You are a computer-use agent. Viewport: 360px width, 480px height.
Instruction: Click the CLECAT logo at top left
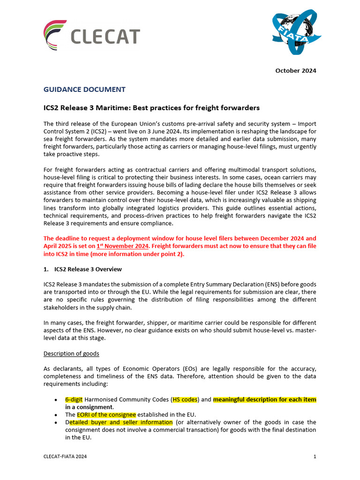[91, 35]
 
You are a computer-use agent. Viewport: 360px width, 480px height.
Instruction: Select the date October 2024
[295, 71]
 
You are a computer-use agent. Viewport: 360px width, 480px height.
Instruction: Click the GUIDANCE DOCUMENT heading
[84, 89]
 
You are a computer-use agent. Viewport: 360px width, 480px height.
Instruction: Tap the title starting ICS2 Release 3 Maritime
[151, 108]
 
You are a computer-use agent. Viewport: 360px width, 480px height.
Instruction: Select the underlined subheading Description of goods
[71, 353]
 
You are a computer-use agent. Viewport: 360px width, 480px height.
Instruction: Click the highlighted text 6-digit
[74, 399]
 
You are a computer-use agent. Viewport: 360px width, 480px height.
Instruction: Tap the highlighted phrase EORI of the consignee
[106, 414]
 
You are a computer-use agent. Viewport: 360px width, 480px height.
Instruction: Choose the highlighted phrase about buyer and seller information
[121, 422]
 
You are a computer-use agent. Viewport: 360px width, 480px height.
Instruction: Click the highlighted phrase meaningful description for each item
[264, 399]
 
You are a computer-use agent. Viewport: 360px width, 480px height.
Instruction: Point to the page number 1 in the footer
[315, 456]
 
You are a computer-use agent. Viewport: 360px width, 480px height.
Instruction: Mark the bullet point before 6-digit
[56, 400]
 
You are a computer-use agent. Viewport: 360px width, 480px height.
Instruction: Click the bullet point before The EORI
[56, 415]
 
